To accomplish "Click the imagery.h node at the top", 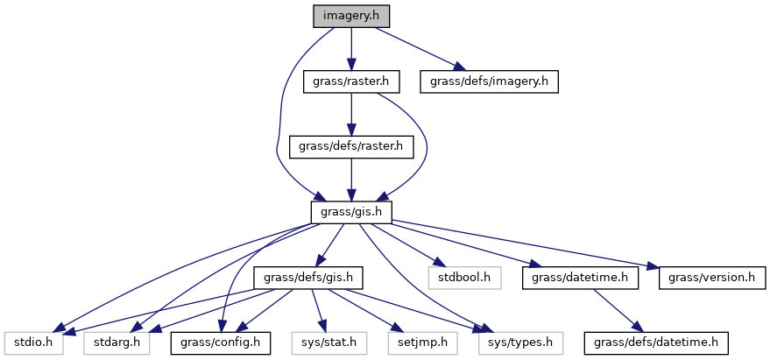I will coord(350,16).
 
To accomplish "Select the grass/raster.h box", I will coord(350,82).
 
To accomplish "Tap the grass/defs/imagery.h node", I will coord(489,82).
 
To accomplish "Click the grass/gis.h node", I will coord(350,212).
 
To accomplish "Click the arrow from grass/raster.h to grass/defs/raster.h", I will coord(350,115).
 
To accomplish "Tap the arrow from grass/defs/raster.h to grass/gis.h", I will coord(350,180).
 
